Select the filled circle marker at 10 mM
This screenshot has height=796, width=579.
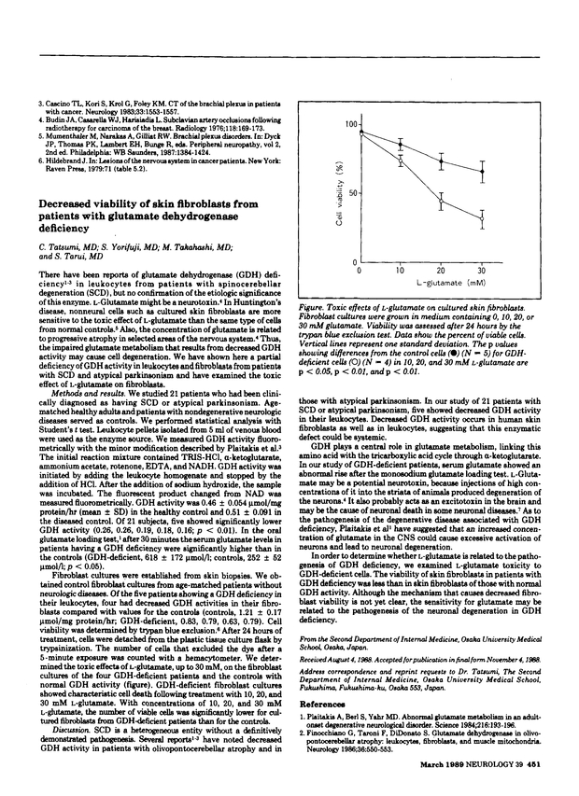click(402, 144)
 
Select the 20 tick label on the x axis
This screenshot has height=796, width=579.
click(442, 271)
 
